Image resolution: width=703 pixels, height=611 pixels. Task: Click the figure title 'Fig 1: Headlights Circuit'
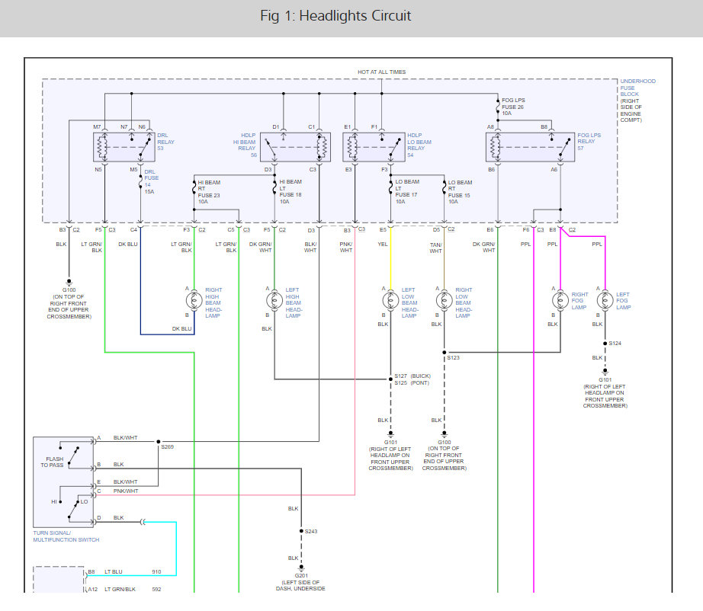(335, 16)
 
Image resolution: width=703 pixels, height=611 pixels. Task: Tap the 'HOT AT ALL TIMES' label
(381, 72)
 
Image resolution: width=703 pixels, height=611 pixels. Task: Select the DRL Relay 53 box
(124, 147)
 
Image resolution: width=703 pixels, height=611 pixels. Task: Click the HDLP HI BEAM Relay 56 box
(295, 147)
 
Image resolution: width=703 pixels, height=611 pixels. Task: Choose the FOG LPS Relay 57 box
(530, 147)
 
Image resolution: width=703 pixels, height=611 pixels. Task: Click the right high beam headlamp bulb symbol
(194, 300)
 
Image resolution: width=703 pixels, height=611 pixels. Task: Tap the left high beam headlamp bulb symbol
(274, 300)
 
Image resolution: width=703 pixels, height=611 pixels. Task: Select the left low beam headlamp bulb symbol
(390, 300)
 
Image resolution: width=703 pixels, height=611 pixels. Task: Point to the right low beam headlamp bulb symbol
(444, 300)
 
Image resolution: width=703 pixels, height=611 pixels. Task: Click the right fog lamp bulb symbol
(560, 300)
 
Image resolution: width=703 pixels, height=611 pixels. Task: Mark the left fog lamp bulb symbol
(605, 300)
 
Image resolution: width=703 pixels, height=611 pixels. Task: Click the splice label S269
(167, 447)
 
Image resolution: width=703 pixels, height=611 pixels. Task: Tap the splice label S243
(311, 532)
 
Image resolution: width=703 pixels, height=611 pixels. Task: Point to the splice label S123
(453, 358)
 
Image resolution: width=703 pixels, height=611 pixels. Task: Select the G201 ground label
(301, 576)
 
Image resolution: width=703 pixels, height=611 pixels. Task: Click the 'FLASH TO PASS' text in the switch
(53, 462)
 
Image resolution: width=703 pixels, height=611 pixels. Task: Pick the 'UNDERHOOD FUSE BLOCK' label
(637, 88)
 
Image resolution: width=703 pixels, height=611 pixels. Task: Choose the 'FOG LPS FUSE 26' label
(513, 104)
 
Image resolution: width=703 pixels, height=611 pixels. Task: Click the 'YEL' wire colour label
(383, 244)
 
